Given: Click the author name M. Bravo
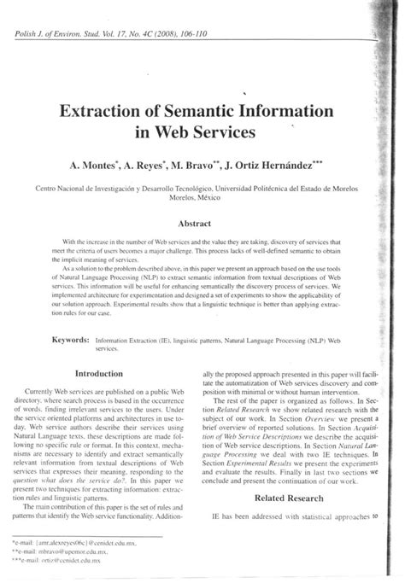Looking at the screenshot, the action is (211, 162).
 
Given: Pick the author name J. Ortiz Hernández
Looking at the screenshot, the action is (291, 162).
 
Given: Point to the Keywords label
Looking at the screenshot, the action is (62, 339).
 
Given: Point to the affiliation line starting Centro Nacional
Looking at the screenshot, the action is (196, 187).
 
